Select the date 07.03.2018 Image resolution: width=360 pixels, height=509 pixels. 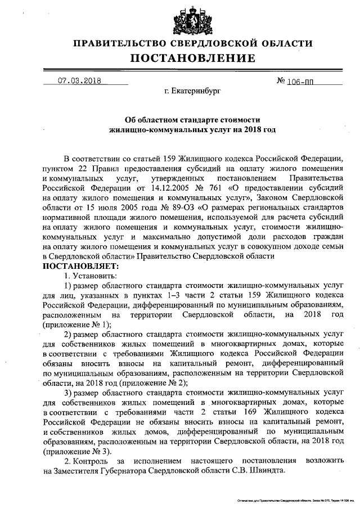79,80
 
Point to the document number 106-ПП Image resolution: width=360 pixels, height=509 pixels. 295,81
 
